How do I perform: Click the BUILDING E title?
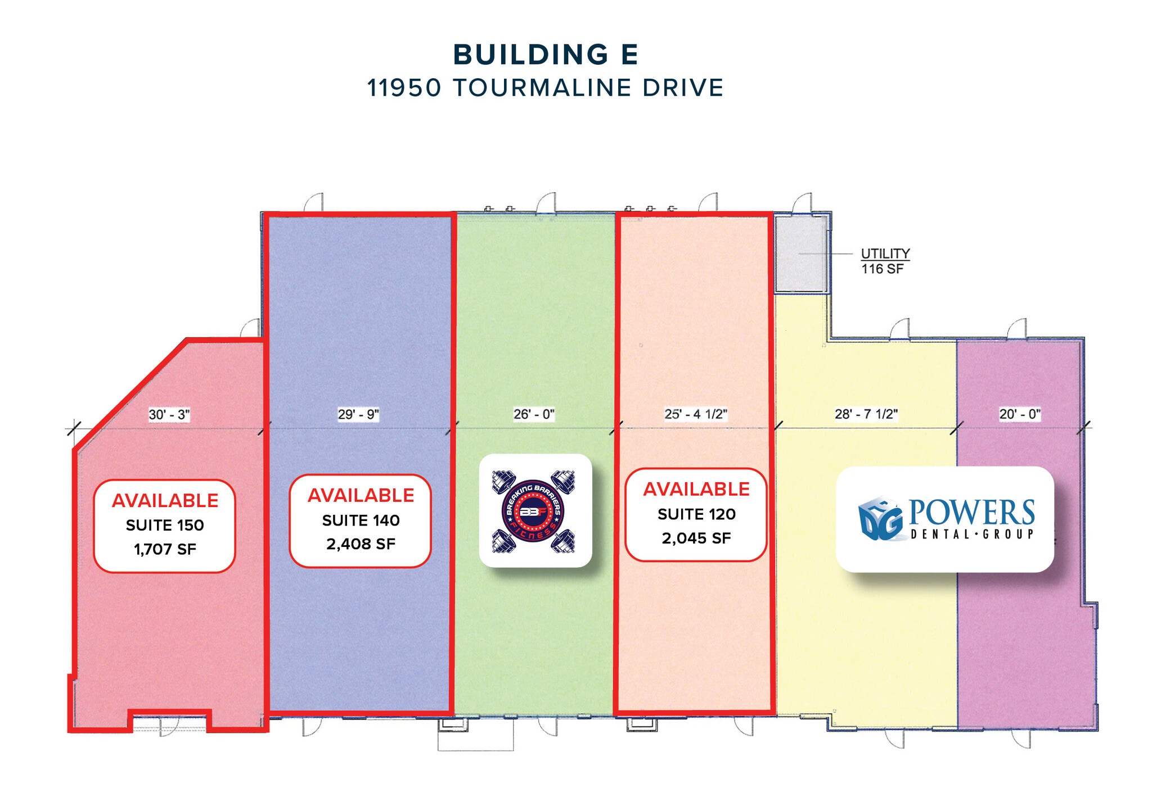(545, 55)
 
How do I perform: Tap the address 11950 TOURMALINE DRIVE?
(545, 88)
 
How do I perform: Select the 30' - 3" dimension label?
(169, 415)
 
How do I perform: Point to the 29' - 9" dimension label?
(358, 414)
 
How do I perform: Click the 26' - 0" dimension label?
(534, 414)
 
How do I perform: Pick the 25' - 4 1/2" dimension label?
(696, 414)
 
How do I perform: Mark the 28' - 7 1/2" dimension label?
(866, 414)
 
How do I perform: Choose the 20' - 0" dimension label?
(1020, 414)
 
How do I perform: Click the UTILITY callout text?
(885, 253)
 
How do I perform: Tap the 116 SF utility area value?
(882, 269)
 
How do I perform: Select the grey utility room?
(801, 253)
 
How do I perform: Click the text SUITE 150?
(165, 525)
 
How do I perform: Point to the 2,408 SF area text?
(361, 544)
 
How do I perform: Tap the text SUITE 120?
(696, 514)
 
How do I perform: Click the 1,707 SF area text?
(165, 549)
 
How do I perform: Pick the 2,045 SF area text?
(696, 538)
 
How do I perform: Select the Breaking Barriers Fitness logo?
(535, 510)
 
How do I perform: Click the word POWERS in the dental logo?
(971, 512)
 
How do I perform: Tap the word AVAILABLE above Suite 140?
(361, 495)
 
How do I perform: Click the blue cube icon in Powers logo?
(880, 519)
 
